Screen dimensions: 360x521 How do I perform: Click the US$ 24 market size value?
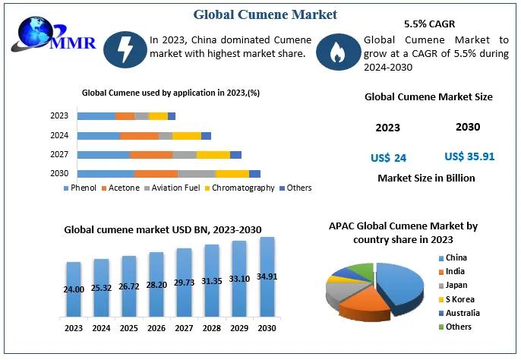click(x=388, y=158)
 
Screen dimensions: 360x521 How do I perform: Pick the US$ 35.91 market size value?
click(x=469, y=156)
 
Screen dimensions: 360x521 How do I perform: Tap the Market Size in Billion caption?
click(x=426, y=178)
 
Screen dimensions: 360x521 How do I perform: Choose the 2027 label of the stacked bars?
click(x=59, y=155)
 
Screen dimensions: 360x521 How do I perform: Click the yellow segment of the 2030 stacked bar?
click(x=232, y=174)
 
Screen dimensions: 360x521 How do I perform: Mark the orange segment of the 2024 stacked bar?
click(x=139, y=135)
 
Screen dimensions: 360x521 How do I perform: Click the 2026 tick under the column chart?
click(x=156, y=329)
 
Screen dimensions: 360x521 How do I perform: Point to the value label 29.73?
click(x=184, y=283)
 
